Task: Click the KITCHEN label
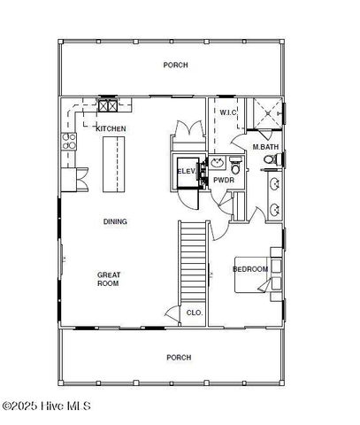pos(111,129)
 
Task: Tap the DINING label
pos(115,221)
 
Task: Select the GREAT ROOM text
pos(108,279)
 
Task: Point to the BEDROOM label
pos(250,269)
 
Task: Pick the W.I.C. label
pos(226,112)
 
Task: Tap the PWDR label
pos(223,180)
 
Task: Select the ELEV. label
pos(186,171)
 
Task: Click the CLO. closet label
pos(195,313)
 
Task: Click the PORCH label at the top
pos(175,66)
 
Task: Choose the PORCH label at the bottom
pos(179,358)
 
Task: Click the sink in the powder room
pos(216,163)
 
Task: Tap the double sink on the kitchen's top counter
pos(108,105)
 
